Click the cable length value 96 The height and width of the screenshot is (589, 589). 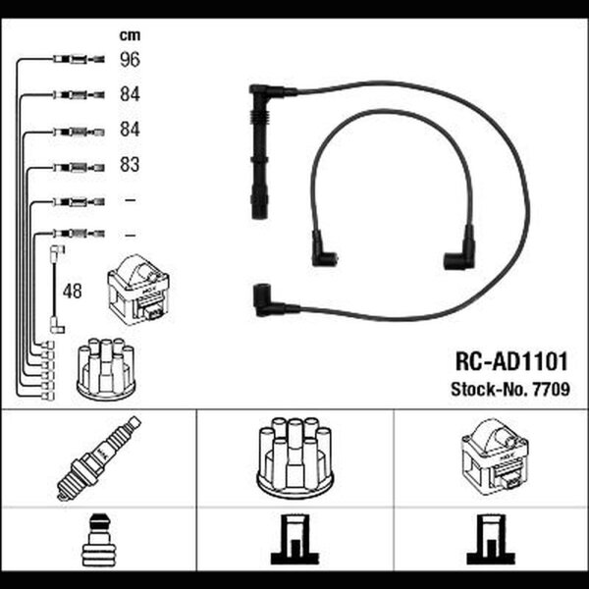pyautogui.click(x=130, y=59)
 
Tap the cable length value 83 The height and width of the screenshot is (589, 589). pyautogui.click(x=130, y=165)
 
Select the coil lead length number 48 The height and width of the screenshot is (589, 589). pyautogui.click(x=72, y=292)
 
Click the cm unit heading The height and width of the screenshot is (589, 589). pyautogui.click(x=130, y=35)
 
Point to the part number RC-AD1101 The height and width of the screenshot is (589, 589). pyautogui.click(x=511, y=361)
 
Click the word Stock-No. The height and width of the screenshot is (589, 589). pyautogui.click(x=490, y=389)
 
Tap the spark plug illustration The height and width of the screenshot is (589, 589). pyautogui.click(x=99, y=457)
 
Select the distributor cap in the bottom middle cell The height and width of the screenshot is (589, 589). pyautogui.click(x=294, y=457)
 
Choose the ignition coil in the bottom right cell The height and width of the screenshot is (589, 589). pyautogui.click(x=495, y=457)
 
